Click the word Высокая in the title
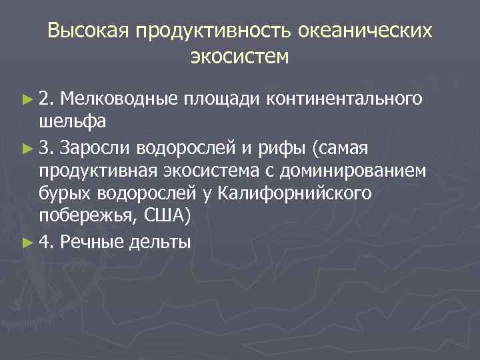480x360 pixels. click(x=88, y=31)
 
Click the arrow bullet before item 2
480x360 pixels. click(x=27, y=99)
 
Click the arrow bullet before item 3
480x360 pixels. click(x=27, y=147)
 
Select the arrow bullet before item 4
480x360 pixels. click(x=27, y=241)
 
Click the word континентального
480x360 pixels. click(x=344, y=99)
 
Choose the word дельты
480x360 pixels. click(x=161, y=241)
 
